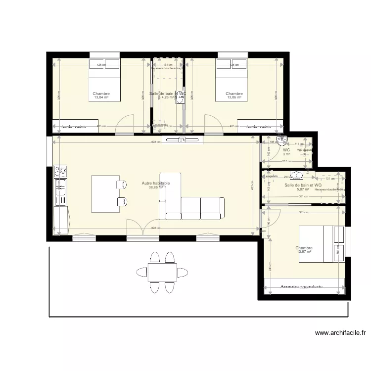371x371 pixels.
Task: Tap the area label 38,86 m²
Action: point(156,188)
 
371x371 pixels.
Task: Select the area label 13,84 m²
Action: point(101,98)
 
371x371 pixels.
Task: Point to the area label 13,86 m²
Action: point(234,98)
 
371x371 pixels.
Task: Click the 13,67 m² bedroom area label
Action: point(304,252)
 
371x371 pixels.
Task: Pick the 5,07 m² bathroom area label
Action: point(303,189)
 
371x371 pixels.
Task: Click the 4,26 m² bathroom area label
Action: point(168,97)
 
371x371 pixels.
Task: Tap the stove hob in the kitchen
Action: point(60,172)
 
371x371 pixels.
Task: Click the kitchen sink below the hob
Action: point(60,186)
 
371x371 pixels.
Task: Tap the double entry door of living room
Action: point(143,229)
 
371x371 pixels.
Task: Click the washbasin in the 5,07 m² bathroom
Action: point(297,174)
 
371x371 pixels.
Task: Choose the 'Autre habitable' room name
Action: point(156,183)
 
